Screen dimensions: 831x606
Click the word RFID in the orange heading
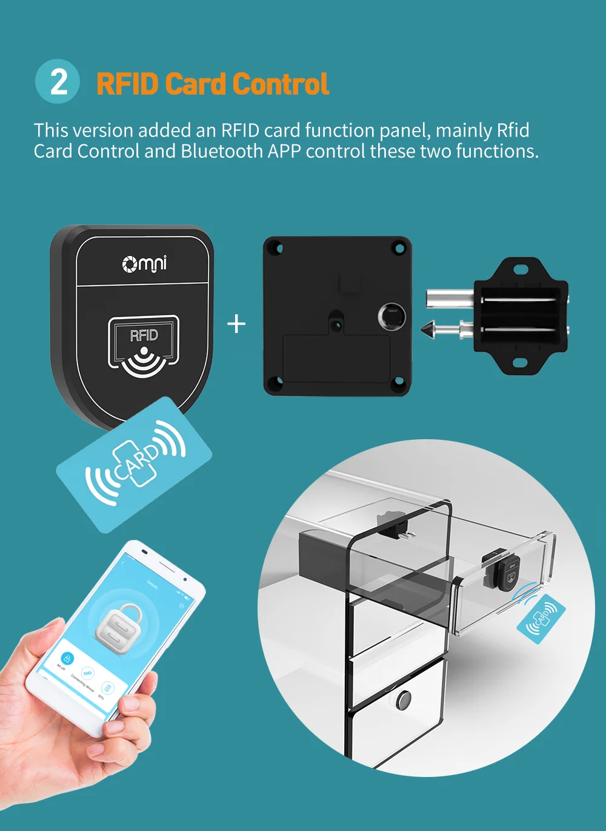(x=127, y=84)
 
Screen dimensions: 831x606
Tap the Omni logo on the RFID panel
(x=144, y=264)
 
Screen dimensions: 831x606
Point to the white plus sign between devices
(x=236, y=324)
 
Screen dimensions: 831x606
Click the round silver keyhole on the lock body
(x=392, y=315)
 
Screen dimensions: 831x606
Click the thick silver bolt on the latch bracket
(x=448, y=298)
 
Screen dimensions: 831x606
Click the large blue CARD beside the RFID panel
(x=135, y=465)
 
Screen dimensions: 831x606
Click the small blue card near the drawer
(x=541, y=616)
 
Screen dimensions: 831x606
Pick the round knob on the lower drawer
(x=404, y=700)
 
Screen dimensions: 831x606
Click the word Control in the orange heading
(x=281, y=84)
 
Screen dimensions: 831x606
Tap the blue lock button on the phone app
(x=67, y=658)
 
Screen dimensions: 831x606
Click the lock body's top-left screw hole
(x=275, y=247)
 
